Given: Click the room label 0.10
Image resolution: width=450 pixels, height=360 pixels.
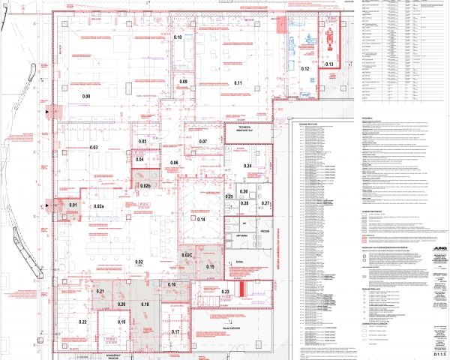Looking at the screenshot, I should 178,37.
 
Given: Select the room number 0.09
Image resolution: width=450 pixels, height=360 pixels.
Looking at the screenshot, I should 183,81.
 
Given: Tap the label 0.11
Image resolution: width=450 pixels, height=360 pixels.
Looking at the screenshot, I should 238,82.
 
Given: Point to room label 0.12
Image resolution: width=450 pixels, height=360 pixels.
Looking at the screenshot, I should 306,69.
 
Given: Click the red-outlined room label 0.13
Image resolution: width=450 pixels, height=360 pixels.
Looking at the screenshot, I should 329,65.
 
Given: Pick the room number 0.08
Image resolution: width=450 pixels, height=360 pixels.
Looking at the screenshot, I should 86,97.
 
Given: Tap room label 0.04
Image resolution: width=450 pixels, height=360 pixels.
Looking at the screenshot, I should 139,160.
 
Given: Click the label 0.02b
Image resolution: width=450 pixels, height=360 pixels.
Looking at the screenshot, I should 145,185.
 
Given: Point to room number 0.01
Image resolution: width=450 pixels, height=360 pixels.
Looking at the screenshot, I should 73,205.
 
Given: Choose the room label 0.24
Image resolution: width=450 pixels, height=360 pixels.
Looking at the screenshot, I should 247,166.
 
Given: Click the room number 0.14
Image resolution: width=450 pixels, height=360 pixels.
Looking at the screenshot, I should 201,220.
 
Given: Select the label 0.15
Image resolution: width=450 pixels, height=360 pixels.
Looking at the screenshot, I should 211,267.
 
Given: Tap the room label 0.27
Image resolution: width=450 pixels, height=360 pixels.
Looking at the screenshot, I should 265,203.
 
